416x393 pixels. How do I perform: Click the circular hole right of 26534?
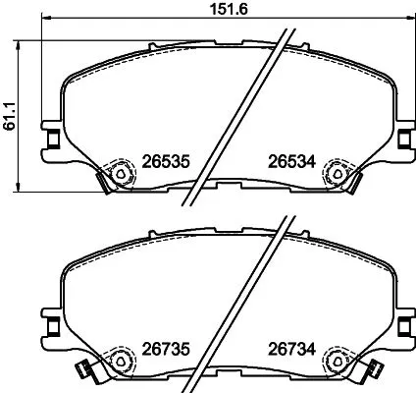point(338,174)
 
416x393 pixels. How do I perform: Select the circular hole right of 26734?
point(338,360)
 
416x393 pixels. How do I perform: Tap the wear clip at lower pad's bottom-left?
point(84,370)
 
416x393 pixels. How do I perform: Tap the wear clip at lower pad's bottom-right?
point(372,370)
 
